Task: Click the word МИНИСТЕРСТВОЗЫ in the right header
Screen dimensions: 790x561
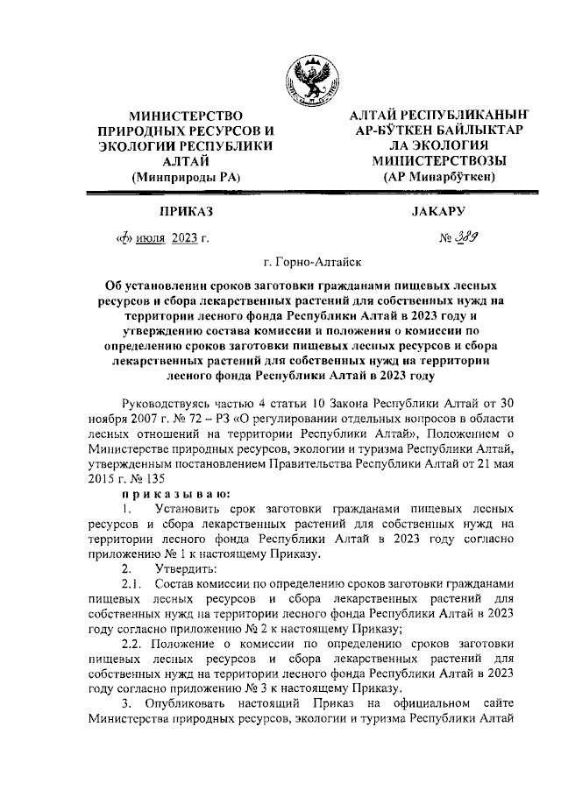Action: (x=435, y=161)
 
